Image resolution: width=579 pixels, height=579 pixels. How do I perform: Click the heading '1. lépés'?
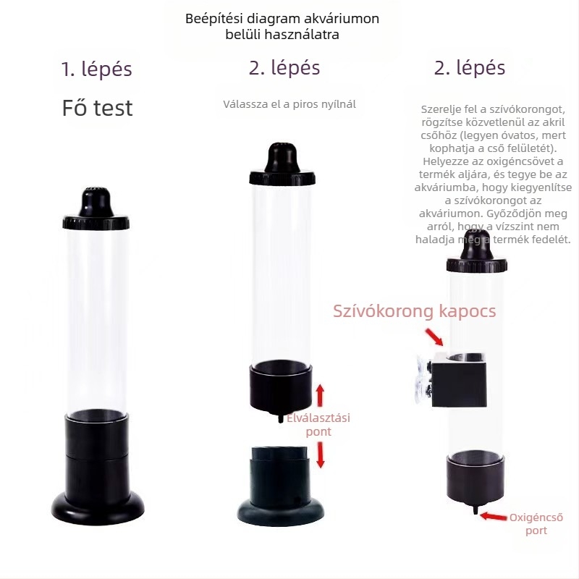[x=97, y=69]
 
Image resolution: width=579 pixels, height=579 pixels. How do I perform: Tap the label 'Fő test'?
[x=97, y=108]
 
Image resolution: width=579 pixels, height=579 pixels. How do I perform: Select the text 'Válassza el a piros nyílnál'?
[x=289, y=104]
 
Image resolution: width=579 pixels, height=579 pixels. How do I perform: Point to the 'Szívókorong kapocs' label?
[x=414, y=311]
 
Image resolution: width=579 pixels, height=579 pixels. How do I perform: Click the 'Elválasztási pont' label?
[x=318, y=425]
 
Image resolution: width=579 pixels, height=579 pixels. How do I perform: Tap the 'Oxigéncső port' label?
[x=536, y=524]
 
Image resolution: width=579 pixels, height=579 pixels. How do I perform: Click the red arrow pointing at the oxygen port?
[x=494, y=516]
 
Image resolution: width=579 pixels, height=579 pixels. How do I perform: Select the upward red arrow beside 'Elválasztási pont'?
[x=320, y=395]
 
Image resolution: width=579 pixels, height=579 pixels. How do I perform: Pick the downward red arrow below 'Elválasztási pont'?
[x=321, y=455]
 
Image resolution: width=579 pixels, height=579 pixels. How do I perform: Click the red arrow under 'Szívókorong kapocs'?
[x=434, y=337]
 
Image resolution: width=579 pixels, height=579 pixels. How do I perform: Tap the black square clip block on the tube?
[x=459, y=380]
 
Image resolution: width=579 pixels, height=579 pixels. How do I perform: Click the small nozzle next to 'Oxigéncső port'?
[x=476, y=510]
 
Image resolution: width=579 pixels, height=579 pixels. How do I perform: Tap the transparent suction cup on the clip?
[x=423, y=378]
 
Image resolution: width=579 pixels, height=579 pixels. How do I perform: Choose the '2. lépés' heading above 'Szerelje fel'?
[x=469, y=68]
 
